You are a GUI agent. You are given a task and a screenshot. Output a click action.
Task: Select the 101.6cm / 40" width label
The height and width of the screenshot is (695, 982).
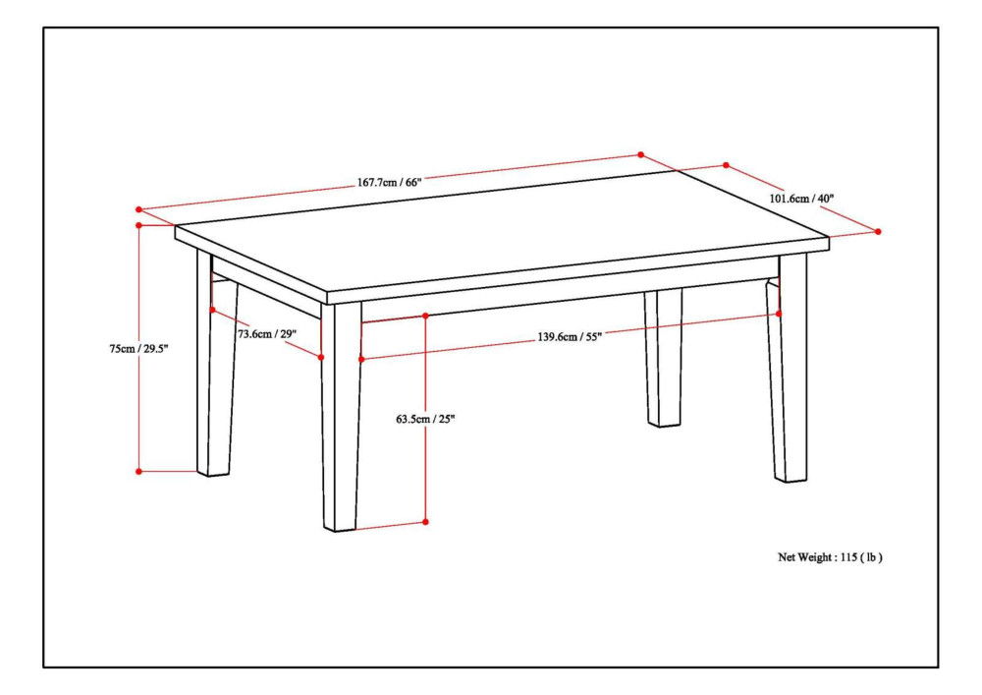coord(801,198)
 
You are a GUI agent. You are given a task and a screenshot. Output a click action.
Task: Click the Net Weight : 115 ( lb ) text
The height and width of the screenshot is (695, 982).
coord(830,556)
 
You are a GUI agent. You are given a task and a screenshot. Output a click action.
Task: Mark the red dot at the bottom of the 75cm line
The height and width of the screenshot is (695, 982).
coord(139,471)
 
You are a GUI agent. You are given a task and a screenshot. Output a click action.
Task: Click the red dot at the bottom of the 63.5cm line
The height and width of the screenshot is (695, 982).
coord(425,521)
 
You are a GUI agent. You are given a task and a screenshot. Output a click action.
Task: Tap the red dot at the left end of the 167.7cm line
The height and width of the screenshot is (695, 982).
coord(139,209)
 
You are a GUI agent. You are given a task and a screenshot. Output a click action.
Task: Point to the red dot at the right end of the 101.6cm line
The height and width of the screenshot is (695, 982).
coord(878,231)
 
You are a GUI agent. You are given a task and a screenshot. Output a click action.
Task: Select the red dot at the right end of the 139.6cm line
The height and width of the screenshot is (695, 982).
coord(779,314)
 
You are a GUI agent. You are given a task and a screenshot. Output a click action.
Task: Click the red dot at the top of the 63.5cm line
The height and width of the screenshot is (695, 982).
coord(425,316)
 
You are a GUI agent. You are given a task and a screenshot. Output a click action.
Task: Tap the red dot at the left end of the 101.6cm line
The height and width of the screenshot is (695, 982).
coord(726,165)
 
